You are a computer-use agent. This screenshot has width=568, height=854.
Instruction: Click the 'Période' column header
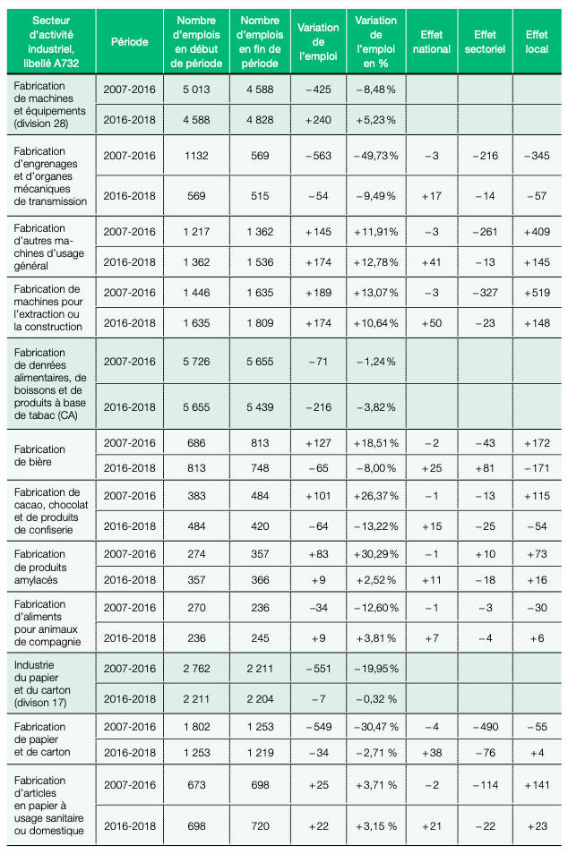[129, 42]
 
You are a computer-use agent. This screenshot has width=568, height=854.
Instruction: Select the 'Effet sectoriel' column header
[485, 42]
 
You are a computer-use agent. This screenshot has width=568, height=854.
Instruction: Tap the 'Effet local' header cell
[537, 42]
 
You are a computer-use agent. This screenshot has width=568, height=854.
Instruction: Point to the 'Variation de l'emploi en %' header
[375, 42]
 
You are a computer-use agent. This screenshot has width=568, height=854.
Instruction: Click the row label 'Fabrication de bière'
[39, 456]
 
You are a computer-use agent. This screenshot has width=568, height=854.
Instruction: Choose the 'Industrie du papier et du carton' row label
[42, 684]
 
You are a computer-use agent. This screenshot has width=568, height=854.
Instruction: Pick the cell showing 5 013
[196, 90]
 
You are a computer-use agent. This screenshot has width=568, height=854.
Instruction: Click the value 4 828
[260, 120]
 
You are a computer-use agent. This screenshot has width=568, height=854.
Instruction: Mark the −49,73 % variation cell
[375, 156]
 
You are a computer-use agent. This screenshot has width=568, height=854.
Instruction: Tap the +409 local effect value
[537, 232]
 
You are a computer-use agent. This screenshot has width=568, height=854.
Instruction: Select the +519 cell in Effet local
[537, 293]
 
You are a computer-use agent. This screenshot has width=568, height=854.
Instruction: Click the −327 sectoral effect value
[486, 293]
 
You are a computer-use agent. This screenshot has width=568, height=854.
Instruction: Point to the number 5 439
[260, 407]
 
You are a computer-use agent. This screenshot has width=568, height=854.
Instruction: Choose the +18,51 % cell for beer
[375, 443]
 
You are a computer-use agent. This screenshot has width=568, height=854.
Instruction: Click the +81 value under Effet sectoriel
[486, 468]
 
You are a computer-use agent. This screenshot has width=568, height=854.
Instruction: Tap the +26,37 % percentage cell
[375, 496]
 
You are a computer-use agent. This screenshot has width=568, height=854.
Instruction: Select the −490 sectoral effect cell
[486, 727]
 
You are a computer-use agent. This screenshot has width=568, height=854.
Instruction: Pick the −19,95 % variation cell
[375, 669]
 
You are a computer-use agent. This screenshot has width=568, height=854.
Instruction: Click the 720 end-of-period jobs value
[260, 826]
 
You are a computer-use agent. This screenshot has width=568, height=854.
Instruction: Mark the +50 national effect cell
[432, 323]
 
